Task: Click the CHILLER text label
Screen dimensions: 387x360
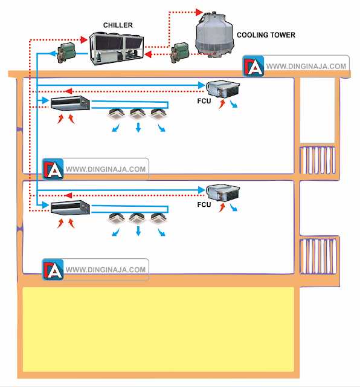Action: coord(118,25)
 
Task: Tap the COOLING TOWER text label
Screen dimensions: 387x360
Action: coord(266,35)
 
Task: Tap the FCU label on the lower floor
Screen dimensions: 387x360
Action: coord(204,205)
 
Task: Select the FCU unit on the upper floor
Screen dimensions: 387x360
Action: coord(223,89)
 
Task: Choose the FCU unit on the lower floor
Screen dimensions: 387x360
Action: coord(223,194)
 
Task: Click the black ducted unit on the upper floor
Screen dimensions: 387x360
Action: coord(70,104)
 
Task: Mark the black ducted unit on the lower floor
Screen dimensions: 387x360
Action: coord(70,209)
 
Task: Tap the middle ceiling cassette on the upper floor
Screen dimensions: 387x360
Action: coord(137,113)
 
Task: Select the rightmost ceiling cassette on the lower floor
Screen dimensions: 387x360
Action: coord(158,218)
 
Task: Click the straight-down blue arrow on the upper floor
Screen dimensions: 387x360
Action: coord(138,128)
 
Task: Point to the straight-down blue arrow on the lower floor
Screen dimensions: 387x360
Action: coord(138,232)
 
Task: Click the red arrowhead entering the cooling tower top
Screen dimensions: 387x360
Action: coord(200,11)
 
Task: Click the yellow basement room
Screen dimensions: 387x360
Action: coord(158,329)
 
